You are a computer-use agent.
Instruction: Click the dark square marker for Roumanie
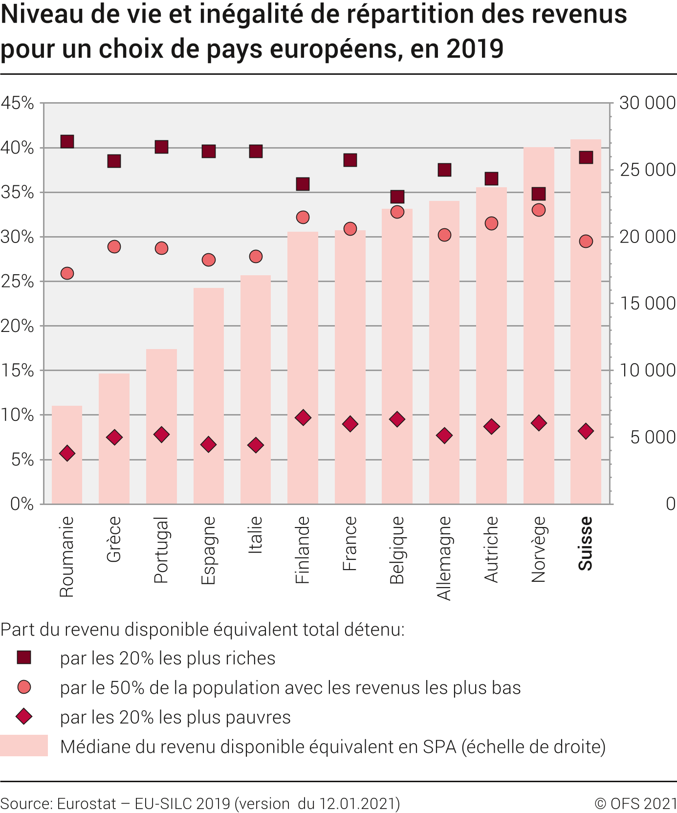click(67, 142)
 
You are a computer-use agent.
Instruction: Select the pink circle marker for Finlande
click(303, 217)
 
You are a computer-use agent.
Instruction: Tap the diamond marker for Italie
click(256, 445)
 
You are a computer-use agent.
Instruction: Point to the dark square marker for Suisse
click(586, 157)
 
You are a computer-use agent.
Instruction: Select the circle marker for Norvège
click(539, 210)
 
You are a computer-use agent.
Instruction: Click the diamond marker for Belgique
click(397, 419)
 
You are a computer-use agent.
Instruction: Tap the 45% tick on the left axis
click(18, 103)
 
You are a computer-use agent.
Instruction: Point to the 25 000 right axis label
click(647, 170)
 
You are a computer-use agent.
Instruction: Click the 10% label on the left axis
click(18, 415)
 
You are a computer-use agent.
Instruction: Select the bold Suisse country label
click(586, 543)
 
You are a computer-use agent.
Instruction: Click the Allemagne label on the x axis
click(444, 558)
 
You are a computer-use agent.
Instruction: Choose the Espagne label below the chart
click(208, 550)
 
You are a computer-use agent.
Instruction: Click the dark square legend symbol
click(24, 658)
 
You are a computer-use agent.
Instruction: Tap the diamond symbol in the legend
click(24, 717)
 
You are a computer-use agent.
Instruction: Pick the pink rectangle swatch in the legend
click(24, 746)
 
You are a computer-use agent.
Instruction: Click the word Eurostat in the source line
click(87, 803)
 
